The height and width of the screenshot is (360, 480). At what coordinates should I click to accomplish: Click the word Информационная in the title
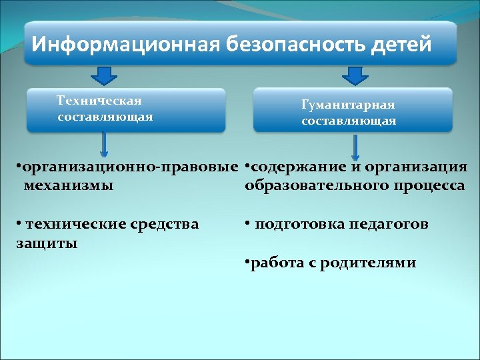pos(125,44)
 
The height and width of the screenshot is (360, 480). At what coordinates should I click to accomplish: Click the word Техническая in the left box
pos(99,101)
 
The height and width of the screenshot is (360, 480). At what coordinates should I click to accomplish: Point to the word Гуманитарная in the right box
pos(348,105)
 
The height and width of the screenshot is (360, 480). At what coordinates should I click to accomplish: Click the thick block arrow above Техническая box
pos(103,75)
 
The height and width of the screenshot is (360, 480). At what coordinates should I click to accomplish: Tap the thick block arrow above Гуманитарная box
pos(354,75)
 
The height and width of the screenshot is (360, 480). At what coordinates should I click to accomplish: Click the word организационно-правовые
pos(129,167)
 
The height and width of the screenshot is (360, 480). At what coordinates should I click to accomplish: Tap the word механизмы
pos(68,185)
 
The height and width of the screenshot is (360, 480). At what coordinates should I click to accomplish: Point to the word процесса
pos(433,185)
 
